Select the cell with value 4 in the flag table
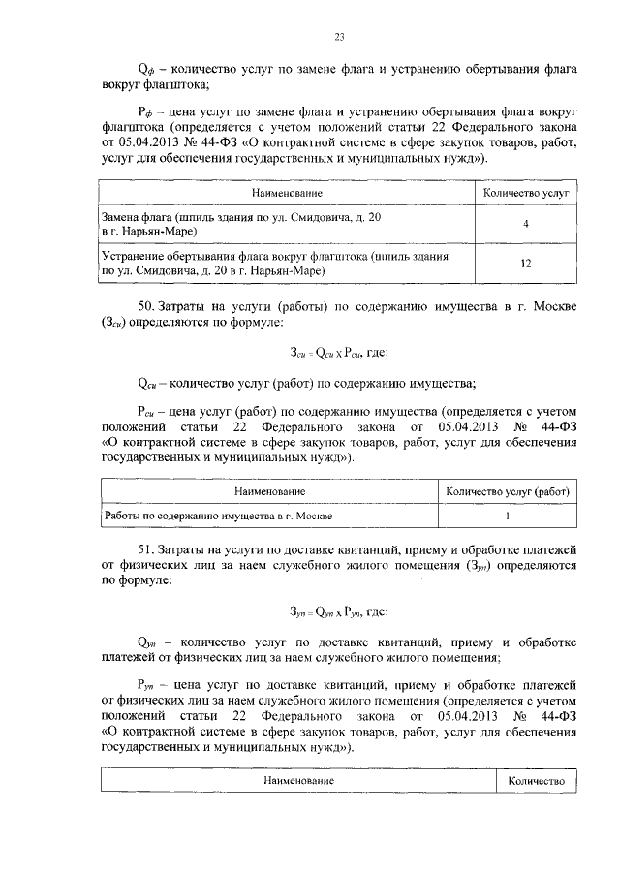click(525, 225)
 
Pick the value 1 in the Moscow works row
click(507, 516)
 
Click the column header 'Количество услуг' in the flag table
click(525, 194)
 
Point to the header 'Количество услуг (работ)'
click(507, 492)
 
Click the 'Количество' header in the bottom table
click(537, 779)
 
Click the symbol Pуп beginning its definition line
click(147, 684)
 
